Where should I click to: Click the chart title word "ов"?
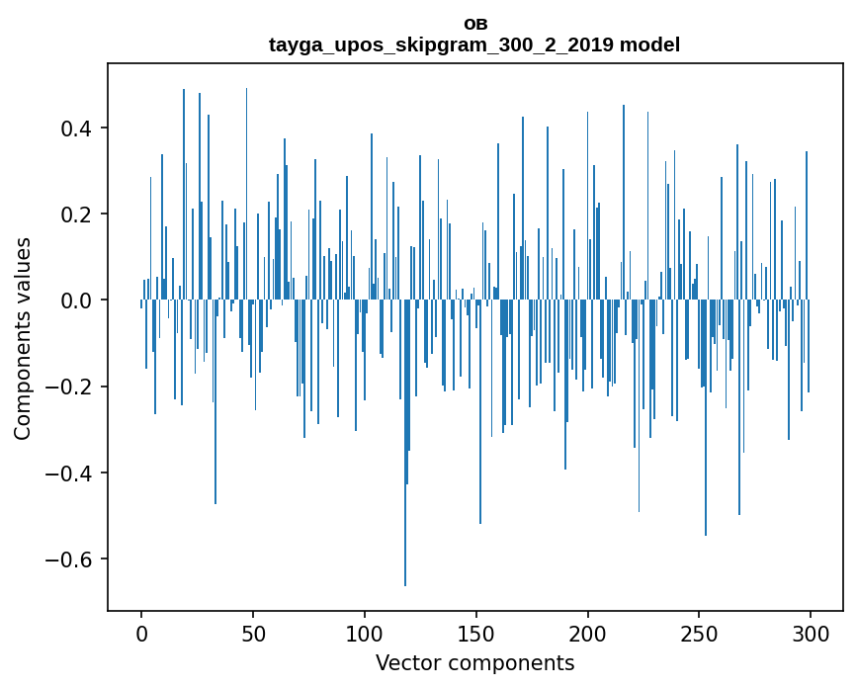pyautogui.click(x=474, y=24)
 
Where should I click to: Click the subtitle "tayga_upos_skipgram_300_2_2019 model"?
pyautogui.click(x=474, y=44)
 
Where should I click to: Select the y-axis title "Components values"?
pyautogui.click(x=23, y=338)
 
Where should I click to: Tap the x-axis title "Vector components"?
pyautogui.click(x=474, y=662)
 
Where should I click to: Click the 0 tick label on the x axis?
pyautogui.click(x=141, y=632)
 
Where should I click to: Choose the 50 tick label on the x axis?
pyautogui.click(x=253, y=632)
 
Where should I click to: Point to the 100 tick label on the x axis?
pyautogui.click(x=365, y=632)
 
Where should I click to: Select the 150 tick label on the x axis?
pyautogui.click(x=476, y=632)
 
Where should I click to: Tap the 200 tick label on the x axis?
pyautogui.click(x=588, y=632)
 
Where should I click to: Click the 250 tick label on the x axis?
pyautogui.click(x=700, y=632)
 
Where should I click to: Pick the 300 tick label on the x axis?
pyautogui.click(x=812, y=632)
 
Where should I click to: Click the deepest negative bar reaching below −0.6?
pyautogui.click(x=405, y=494)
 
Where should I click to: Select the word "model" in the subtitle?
pyautogui.click(x=649, y=44)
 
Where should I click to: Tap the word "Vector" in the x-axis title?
pyautogui.click(x=405, y=662)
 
